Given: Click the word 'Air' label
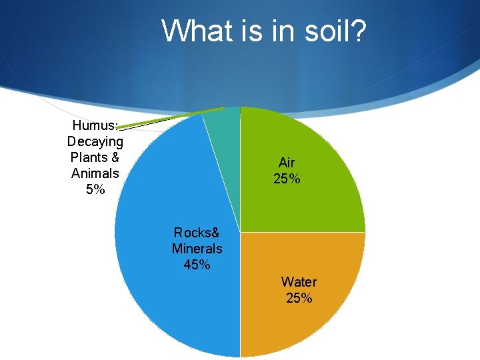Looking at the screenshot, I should (x=287, y=163).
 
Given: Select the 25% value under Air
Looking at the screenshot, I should (x=287, y=179).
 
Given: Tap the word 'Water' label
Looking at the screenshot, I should (x=299, y=282).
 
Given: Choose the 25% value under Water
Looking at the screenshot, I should (x=299, y=298).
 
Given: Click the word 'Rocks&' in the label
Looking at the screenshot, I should (x=197, y=233).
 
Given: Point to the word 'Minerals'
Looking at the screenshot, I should (x=197, y=249).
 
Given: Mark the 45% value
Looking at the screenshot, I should (x=197, y=265).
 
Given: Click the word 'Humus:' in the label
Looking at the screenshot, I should (x=95, y=125).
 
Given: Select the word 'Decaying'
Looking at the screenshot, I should (x=95, y=141).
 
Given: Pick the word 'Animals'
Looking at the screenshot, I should (x=95, y=173).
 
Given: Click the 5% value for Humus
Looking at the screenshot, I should (x=95, y=189).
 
